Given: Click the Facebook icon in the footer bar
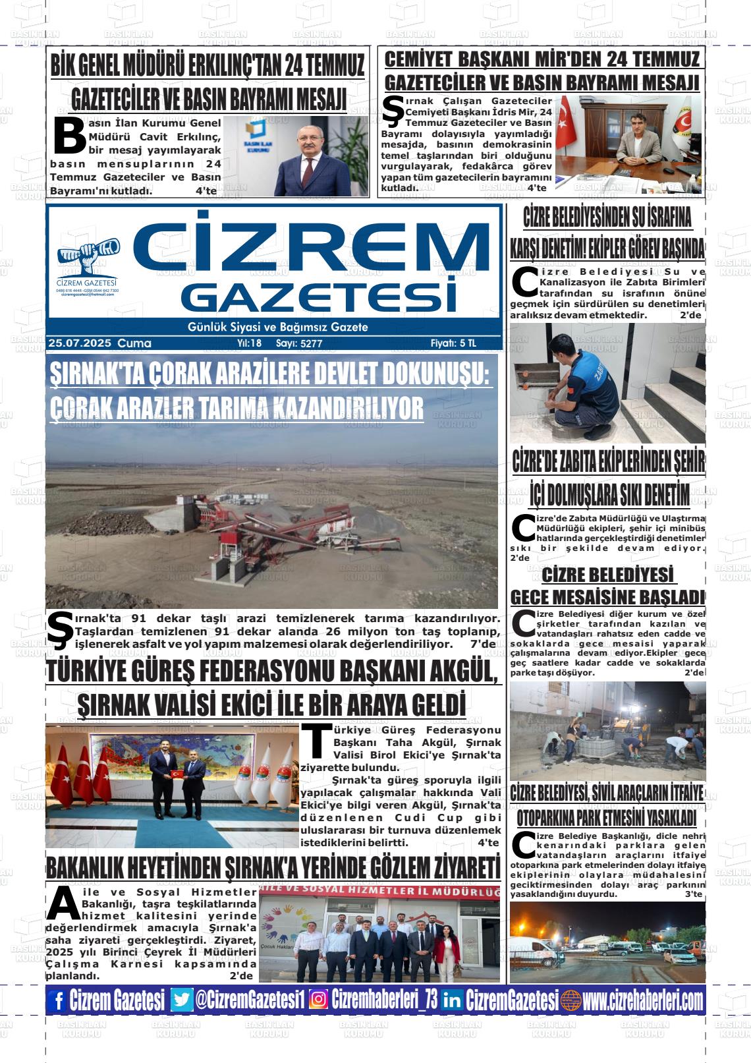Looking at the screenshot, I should click(57, 1001).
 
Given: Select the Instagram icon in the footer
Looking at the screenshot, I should click(318, 1000).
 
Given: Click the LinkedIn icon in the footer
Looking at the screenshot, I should click(452, 1000).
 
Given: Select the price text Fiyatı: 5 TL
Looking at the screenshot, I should click(453, 343).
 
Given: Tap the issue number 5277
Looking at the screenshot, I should click(311, 343).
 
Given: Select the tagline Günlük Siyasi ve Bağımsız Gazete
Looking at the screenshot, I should click(277, 328).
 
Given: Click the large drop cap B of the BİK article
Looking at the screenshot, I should click(69, 136).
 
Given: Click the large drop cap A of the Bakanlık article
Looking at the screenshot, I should click(63, 904).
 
